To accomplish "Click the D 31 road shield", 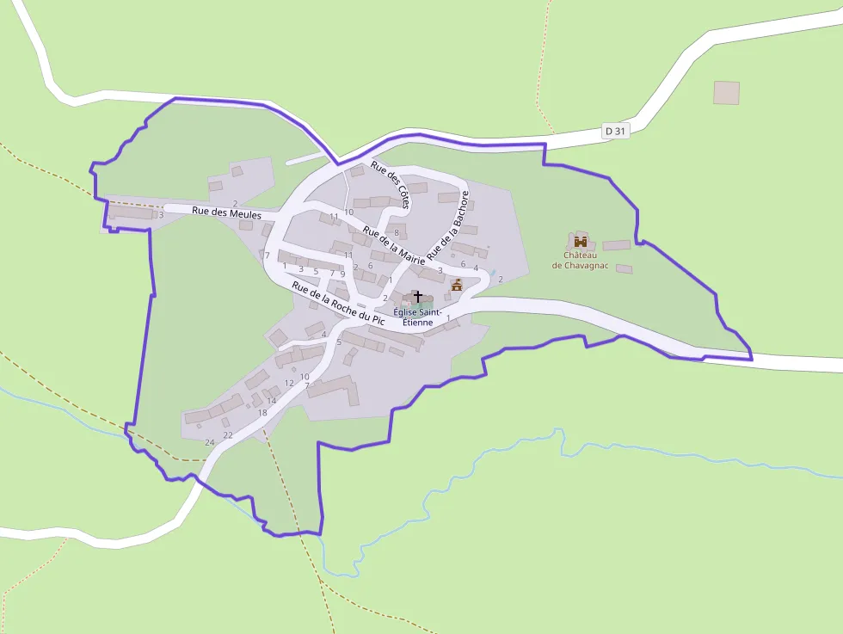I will point(616,131).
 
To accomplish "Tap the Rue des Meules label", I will point(226,212).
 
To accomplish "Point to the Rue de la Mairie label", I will point(394,250).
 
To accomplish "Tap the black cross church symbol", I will point(418,296).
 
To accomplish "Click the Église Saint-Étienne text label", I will point(420,317).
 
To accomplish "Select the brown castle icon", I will point(581,241).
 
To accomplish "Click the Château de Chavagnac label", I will point(580,260).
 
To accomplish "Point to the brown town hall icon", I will point(457,285).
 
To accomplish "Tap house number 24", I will point(209,442).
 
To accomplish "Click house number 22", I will point(228,435).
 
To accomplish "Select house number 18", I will point(262,413).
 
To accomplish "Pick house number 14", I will point(271,401).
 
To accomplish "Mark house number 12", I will point(289,383).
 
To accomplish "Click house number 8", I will point(396,232).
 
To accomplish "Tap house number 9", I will point(342,274).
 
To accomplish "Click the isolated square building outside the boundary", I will point(726,93).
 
